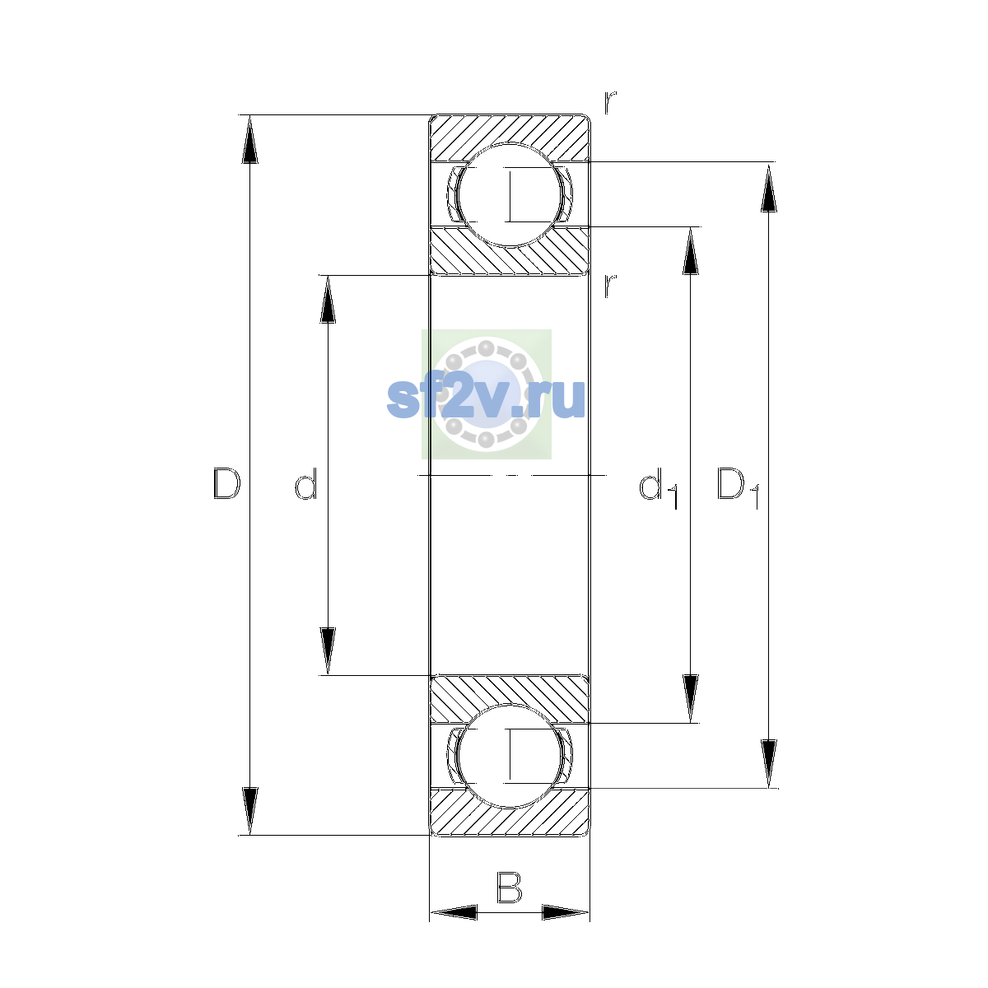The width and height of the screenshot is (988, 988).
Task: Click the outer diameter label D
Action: click(x=226, y=483)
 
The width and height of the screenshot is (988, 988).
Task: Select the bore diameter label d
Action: click(x=306, y=483)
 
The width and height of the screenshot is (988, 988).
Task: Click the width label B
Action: click(x=509, y=887)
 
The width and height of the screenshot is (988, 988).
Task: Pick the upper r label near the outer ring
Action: click(x=609, y=102)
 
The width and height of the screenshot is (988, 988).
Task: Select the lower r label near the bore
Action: click(x=609, y=286)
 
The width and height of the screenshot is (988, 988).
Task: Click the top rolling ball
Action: click(x=509, y=195)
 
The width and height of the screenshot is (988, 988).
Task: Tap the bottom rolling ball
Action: click(x=509, y=755)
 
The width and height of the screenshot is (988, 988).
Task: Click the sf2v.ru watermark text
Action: click(x=486, y=398)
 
